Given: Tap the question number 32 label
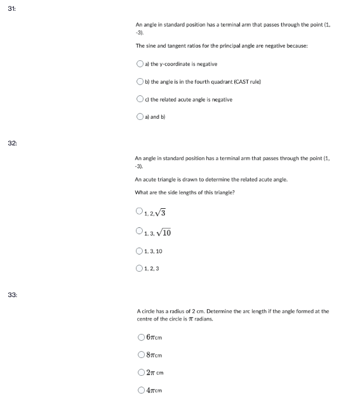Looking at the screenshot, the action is tap(12, 144).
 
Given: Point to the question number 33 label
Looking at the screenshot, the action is tap(12, 295).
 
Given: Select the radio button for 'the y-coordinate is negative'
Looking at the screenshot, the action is tap(140, 64).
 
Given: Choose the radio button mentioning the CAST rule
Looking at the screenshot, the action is tap(140, 82).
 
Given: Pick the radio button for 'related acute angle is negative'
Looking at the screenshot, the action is tap(140, 100).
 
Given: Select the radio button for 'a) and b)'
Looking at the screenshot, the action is tap(140, 117).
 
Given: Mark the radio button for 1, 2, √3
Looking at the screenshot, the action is tap(139, 213).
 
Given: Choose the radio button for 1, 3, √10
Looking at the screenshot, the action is tap(139, 232).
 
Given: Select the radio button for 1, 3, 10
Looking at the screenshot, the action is tap(139, 251).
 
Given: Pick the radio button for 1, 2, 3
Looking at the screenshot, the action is tap(139, 268).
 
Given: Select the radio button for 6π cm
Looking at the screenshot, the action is tap(142, 337).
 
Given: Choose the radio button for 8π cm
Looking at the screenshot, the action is tap(142, 355).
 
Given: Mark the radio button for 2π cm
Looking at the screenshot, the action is tap(142, 373).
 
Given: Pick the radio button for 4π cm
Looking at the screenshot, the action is tap(142, 390).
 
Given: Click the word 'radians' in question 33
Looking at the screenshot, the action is tap(203, 319).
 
